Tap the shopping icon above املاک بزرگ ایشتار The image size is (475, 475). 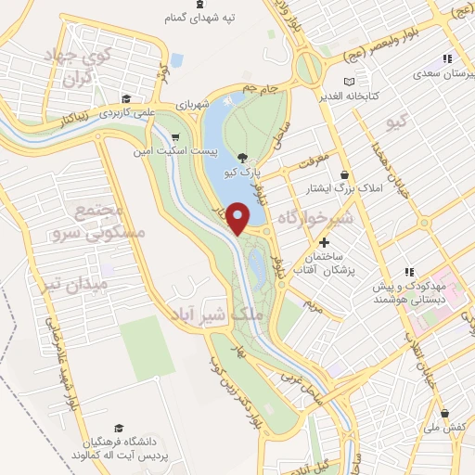(345, 174)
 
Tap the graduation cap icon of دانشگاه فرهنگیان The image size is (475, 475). (118, 428)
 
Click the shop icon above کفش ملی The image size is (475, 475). (446, 414)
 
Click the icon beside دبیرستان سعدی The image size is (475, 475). (446, 58)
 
